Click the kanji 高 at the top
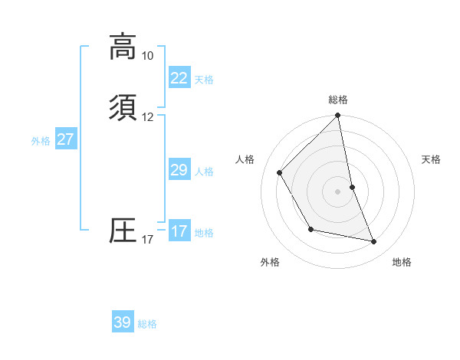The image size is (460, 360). [123, 47]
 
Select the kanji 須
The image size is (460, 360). [123, 107]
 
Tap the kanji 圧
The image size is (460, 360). [123, 231]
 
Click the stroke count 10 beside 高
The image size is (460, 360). [147, 56]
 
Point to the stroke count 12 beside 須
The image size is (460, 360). [147, 117]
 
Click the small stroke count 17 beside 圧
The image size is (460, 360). [147, 240]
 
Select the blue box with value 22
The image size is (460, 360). [179, 78]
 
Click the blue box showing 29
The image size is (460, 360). [179, 170]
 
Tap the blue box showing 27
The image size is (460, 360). [65, 139]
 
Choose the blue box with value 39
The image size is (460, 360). [123, 322]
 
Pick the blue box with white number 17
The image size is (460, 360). [179, 231]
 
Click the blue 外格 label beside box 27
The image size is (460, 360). [41, 140]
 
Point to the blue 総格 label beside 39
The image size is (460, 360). [147, 324]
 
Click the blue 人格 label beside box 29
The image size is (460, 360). [205, 172]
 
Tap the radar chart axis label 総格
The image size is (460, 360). [338, 100]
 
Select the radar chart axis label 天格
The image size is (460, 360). [431, 159]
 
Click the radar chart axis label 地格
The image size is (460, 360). [402, 262]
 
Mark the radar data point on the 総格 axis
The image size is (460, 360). [338, 116]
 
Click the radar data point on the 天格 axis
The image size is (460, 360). [353, 187]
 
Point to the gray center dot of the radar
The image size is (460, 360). [338, 191]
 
